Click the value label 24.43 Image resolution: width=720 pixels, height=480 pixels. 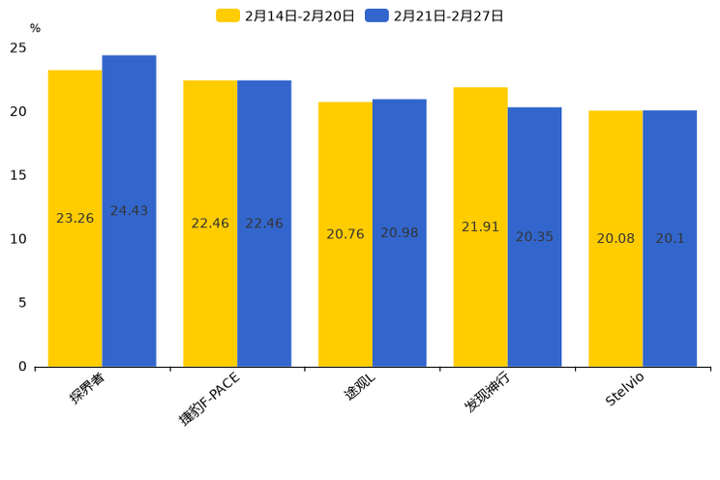pos(129,211)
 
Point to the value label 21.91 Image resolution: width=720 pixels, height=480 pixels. pos(480,227)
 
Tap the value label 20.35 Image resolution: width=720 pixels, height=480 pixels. pos(534,237)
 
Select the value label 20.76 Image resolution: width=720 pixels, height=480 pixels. pos(345,234)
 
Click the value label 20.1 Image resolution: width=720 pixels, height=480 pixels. pos(670,238)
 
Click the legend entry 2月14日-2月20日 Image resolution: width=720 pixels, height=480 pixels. pos(285,15)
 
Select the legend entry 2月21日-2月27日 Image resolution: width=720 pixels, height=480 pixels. pos(435,15)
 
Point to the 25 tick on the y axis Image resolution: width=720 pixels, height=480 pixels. pos(18,48)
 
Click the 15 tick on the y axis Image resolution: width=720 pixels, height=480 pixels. pos(18,175)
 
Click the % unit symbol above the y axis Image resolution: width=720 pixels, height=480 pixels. pos(35,29)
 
